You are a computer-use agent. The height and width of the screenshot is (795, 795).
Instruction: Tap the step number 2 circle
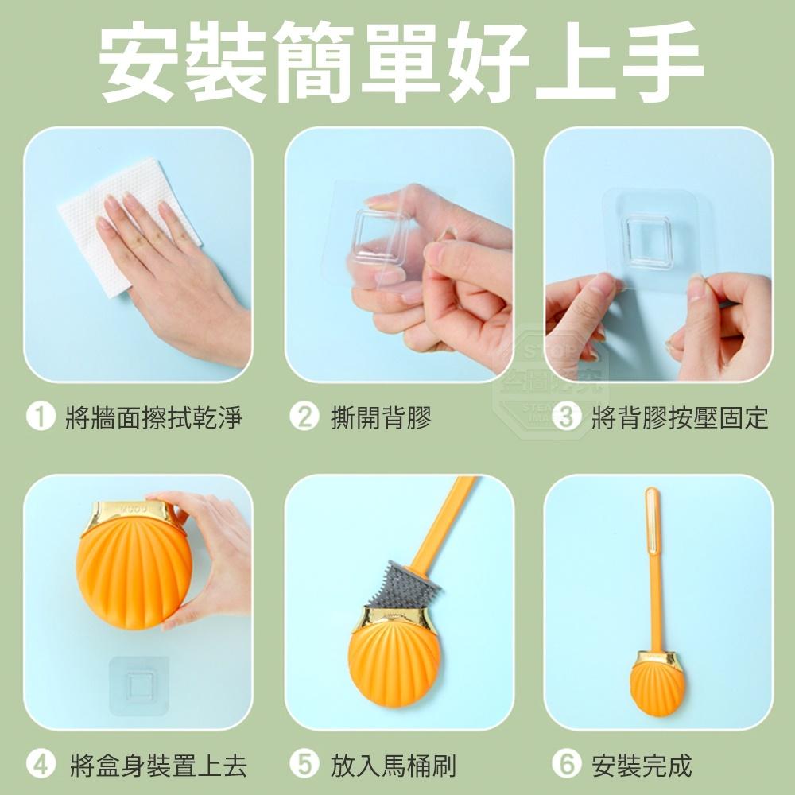point(303,417)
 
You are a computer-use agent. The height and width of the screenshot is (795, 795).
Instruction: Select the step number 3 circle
point(566,417)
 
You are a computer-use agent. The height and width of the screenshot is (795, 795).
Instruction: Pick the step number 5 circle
point(303,765)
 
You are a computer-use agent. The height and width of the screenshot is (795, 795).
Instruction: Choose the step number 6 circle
point(566,765)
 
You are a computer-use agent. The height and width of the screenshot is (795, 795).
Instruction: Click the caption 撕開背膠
point(381,417)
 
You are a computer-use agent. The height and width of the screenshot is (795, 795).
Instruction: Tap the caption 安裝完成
point(642,765)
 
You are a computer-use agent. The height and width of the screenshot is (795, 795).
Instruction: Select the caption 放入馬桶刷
point(393,765)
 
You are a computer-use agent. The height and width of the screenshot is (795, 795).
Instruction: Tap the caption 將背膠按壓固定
point(680,417)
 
